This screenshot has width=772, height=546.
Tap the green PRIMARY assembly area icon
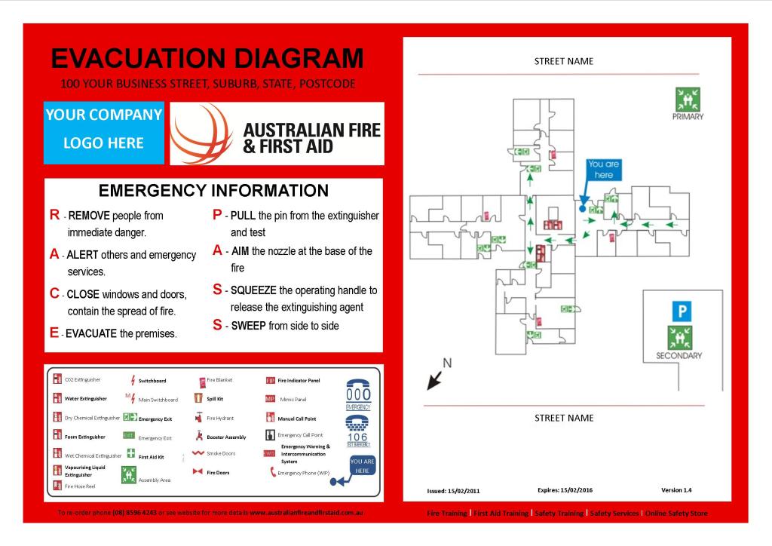tap(687, 99)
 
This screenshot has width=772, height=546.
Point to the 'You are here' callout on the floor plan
tap(603, 169)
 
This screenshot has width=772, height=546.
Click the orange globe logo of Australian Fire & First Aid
tap(201, 133)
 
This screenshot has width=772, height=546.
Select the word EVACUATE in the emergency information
tap(91, 333)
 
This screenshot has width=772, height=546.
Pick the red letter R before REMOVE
tap(54, 215)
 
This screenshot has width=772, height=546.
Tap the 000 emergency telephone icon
tap(358, 394)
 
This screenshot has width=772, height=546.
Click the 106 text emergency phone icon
tap(358, 432)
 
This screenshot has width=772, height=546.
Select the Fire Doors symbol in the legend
tap(198, 472)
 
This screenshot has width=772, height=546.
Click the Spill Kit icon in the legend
tap(198, 398)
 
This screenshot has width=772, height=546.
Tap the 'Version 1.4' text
tap(676, 490)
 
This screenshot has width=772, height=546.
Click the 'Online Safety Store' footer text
tap(676, 514)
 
